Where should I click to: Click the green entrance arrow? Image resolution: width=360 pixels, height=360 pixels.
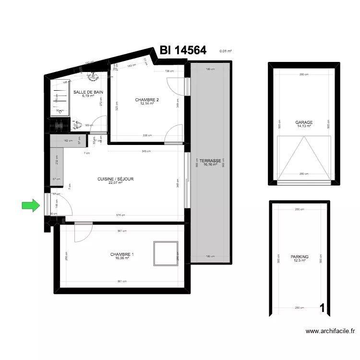(x=30, y=206)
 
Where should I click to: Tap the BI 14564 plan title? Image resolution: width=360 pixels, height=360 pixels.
(x=183, y=50)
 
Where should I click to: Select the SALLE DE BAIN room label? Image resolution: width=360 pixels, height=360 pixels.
(x=88, y=92)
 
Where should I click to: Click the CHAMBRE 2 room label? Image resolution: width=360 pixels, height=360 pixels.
(x=147, y=100)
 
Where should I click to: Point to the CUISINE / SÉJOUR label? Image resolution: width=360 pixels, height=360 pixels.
(x=115, y=179)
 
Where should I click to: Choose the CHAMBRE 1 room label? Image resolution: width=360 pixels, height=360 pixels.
(x=122, y=254)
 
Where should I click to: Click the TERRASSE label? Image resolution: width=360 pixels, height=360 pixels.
(x=210, y=161)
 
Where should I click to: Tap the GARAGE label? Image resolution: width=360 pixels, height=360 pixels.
(x=304, y=122)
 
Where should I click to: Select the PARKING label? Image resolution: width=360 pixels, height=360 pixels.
(x=300, y=257)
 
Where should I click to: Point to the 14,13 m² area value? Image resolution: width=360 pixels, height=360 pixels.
(x=304, y=126)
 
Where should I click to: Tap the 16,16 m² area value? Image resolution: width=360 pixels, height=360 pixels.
(x=210, y=165)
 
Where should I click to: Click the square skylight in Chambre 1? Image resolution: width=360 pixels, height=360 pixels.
(x=165, y=253)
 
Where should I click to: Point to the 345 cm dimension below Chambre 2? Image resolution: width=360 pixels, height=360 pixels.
(x=146, y=152)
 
